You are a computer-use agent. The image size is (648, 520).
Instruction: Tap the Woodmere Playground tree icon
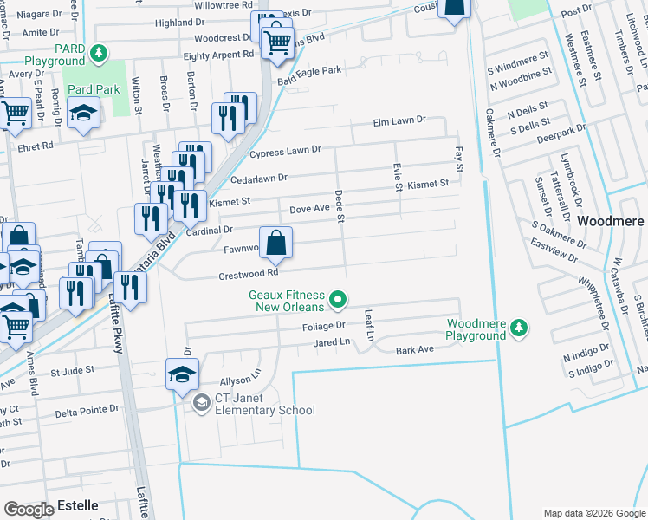(x=519, y=327)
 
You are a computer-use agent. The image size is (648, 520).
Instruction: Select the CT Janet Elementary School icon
(x=202, y=403)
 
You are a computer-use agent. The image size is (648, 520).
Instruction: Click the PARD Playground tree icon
(x=100, y=55)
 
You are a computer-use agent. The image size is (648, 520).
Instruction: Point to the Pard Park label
(x=93, y=89)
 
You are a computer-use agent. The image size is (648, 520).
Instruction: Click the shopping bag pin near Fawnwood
(x=275, y=244)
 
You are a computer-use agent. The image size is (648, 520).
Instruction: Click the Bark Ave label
(x=414, y=350)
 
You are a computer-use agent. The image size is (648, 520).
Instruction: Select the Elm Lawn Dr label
(x=399, y=121)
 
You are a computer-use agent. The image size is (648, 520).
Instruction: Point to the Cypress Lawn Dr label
(x=285, y=151)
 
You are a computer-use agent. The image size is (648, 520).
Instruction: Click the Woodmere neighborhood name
(x=611, y=221)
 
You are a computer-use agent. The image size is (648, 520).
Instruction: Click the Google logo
(x=29, y=510)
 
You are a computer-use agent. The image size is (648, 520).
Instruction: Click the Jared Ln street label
(x=332, y=342)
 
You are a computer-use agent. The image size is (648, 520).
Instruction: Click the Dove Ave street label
(x=309, y=209)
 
